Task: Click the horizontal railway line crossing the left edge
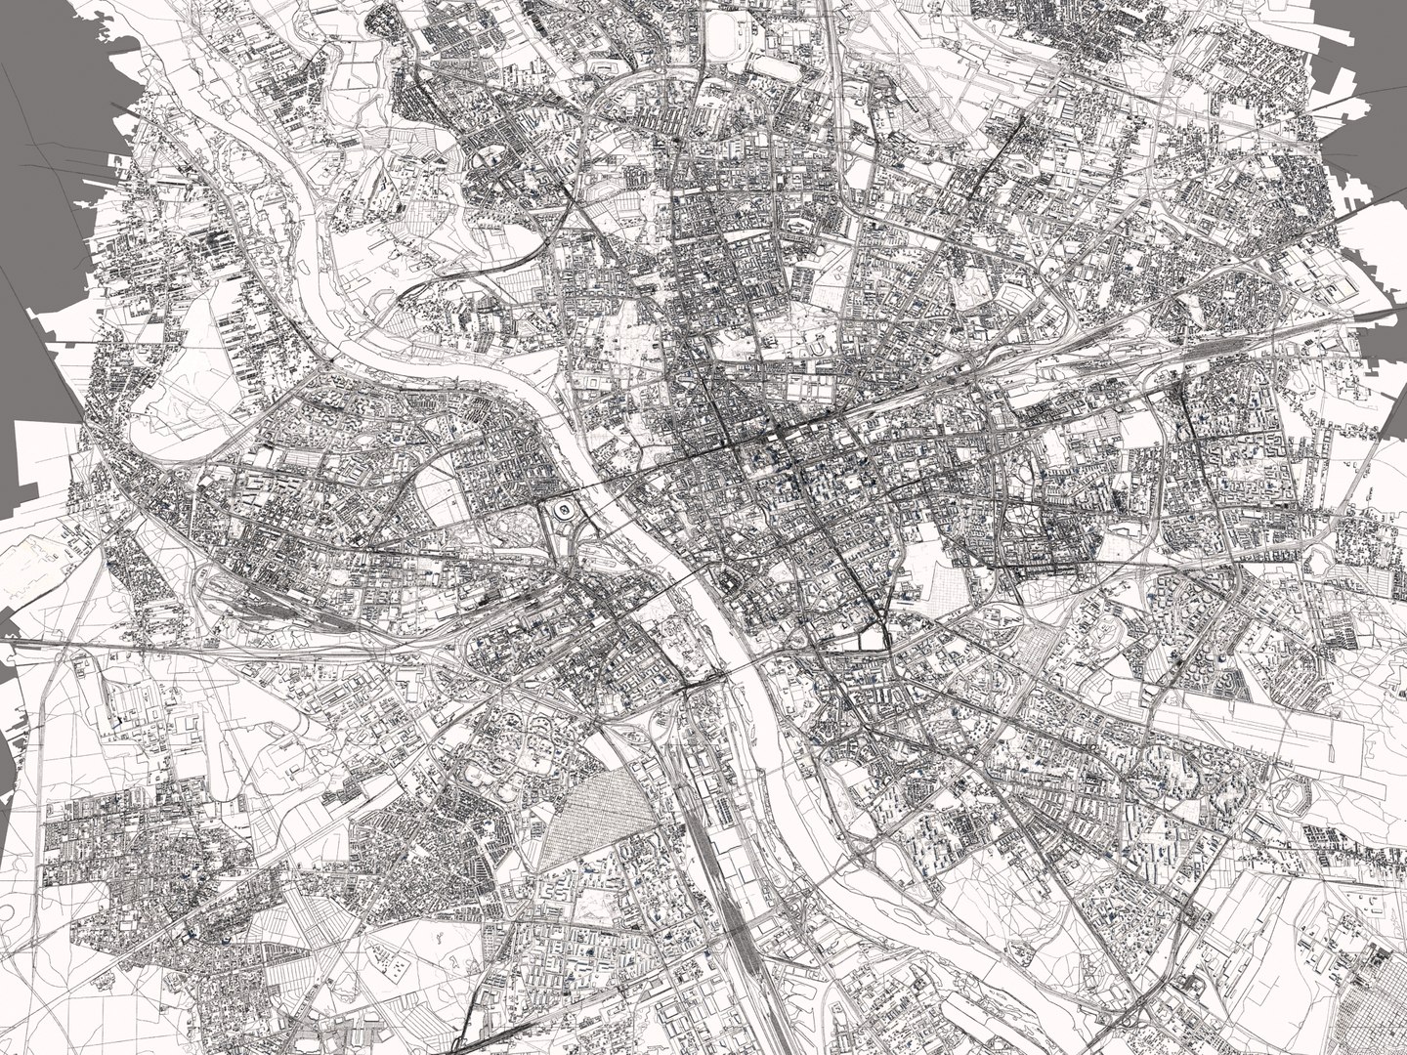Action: pyautogui.click(x=59, y=643)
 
